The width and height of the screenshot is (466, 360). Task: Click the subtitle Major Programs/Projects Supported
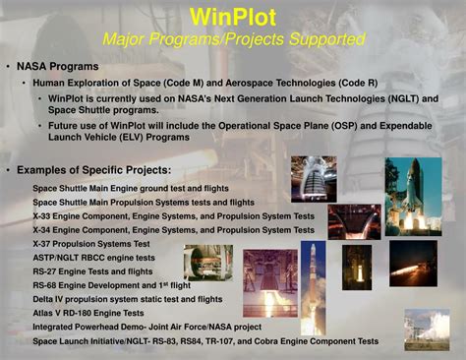[236, 39]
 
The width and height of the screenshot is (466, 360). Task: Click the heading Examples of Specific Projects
[94, 171]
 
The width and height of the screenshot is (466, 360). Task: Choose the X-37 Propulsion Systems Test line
[91, 243]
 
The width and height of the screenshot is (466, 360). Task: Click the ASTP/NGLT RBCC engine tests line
[93, 258]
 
